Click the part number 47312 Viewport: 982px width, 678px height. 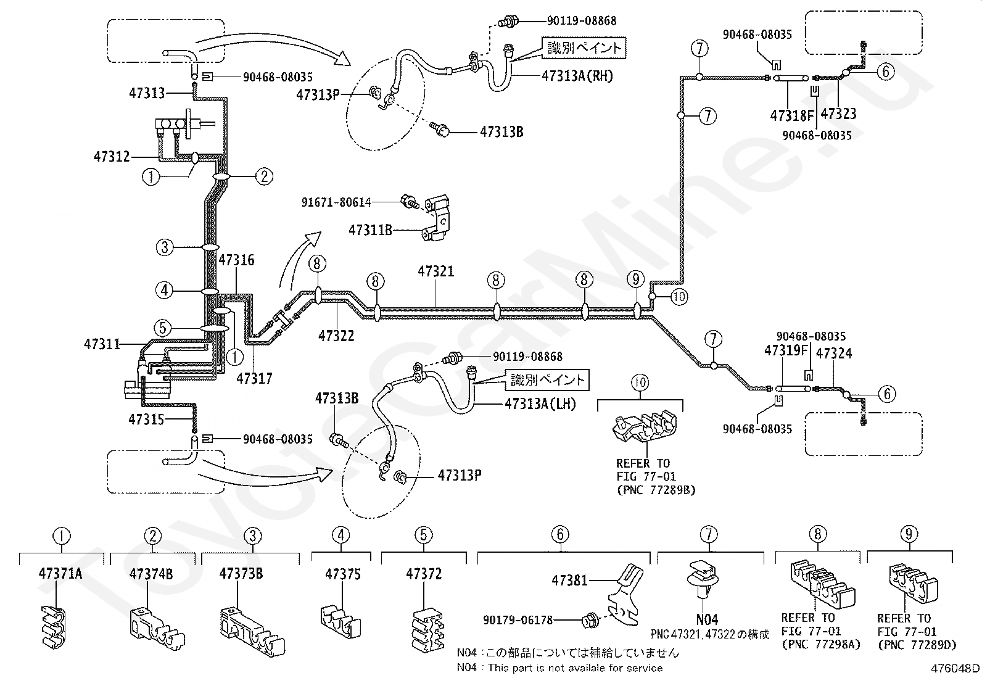(x=112, y=157)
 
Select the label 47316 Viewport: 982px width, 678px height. (x=236, y=260)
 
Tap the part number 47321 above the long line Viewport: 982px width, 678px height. (x=435, y=271)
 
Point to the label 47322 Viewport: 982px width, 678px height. (x=336, y=336)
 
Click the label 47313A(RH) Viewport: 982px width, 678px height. (x=577, y=76)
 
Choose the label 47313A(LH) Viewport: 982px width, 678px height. (x=540, y=404)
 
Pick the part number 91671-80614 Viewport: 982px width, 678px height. (x=336, y=202)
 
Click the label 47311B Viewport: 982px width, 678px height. (x=371, y=229)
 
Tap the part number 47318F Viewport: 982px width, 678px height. (x=792, y=116)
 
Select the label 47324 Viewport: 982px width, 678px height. (x=834, y=353)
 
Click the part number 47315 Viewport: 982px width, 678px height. (x=146, y=420)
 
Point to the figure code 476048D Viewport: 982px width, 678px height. (x=955, y=668)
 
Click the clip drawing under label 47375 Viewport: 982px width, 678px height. (x=341, y=621)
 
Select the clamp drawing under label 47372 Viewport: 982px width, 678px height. (x=428, y=629)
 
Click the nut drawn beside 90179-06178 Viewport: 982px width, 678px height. (x=587, y=621)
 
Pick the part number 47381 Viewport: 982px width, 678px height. (x=569, y=581)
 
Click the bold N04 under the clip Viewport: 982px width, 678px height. (x=707, y=619)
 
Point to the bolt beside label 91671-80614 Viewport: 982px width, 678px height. (x=410, y=202)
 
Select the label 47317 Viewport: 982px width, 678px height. (x=255, y=378)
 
